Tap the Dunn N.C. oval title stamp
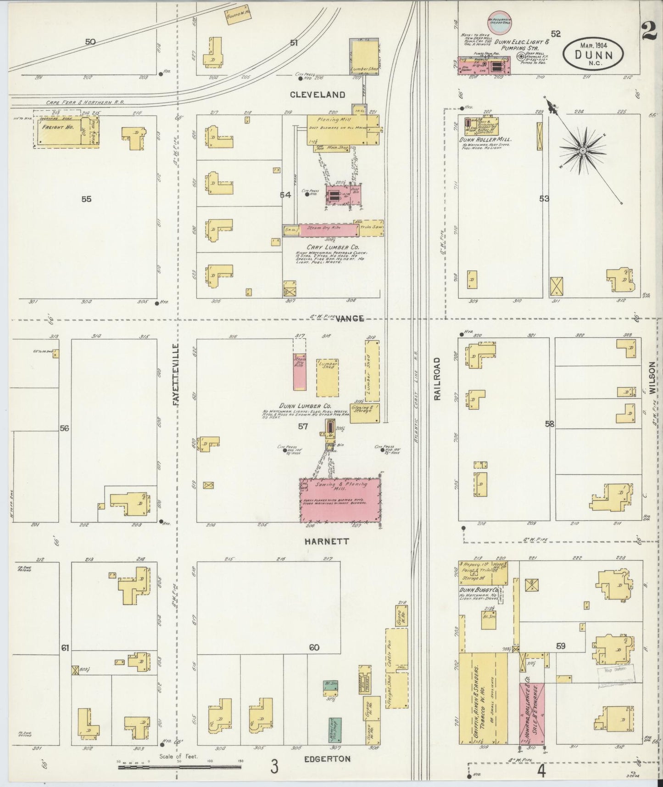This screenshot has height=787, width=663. [x=593, y=54]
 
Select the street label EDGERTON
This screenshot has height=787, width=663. [x=325, y=759]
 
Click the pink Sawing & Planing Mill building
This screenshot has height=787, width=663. [x=340, y=500]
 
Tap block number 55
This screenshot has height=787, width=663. [x=86, y=199]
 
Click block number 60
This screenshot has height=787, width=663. [x=314, y=648]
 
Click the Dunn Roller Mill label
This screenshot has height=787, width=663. [x=486, y=139]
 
